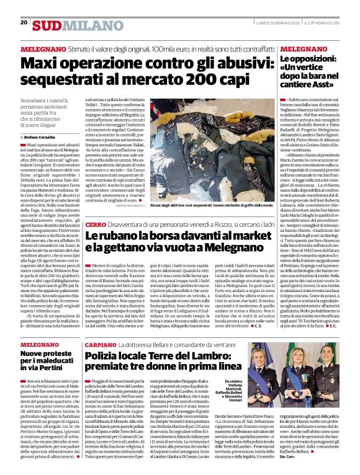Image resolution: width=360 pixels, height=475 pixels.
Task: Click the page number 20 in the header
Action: (24, 22)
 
